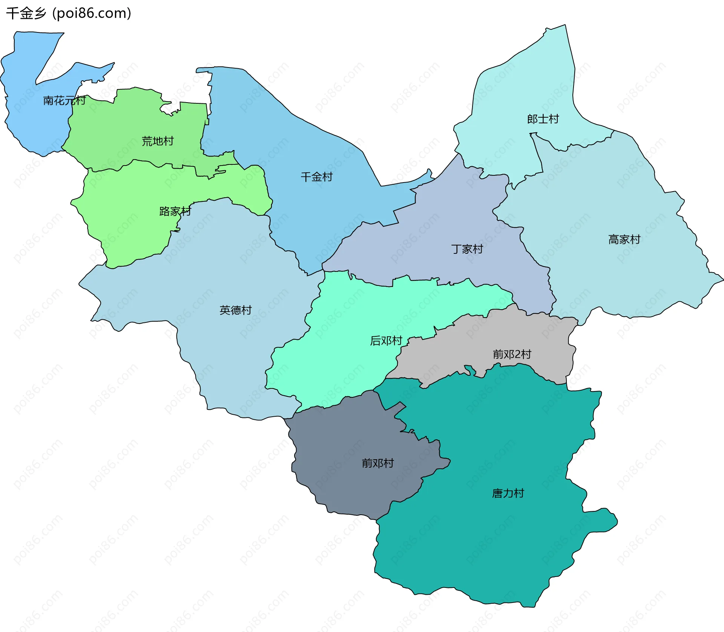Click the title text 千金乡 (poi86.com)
[69, 13]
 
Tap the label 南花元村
[64, 100]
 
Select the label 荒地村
[157, 141]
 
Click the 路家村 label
[175, 211]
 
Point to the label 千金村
[316, 177]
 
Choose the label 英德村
[235, 310]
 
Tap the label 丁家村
[467, 249]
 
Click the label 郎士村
[543, 119]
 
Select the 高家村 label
[624, 239]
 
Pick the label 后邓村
[386, 341]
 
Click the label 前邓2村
[512, 354]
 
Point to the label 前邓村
[377, 463]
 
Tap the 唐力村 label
[508, 493]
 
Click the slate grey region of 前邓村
[339, 483]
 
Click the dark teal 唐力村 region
[490, 547]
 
